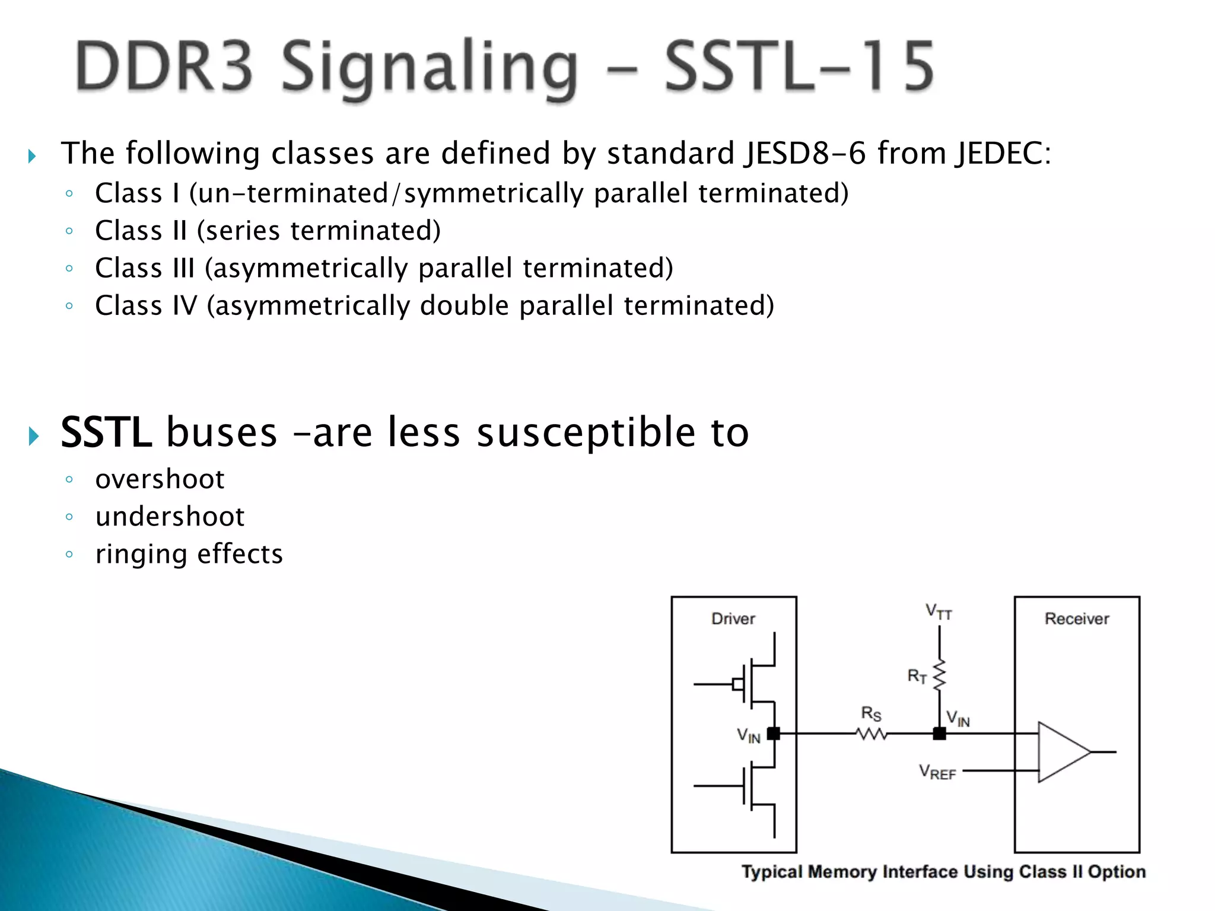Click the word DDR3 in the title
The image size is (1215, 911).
tap(164, 66)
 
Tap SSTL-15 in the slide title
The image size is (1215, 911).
tap(799, 66)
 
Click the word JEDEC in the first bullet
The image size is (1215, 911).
tap(1003, 153)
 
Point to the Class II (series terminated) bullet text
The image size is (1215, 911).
tap(268, 231)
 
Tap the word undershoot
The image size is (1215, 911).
tap(170, 517)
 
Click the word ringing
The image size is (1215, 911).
tap(141, 555)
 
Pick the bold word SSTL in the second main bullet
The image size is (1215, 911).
tap(106, 432)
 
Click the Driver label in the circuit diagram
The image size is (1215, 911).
tap(733, 619)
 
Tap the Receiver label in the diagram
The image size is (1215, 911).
tap(1076, 619)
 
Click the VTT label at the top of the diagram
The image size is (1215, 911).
tap(939, 611)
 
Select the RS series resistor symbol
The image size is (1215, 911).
tap(872, 734)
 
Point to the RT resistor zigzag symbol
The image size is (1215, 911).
tap(939, 676)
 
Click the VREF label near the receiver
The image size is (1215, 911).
tap(937, 772)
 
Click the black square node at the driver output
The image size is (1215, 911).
tap(774, 734)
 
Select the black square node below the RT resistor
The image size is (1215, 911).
tap(939, 734)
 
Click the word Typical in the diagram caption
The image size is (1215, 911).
tap(772, 872)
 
